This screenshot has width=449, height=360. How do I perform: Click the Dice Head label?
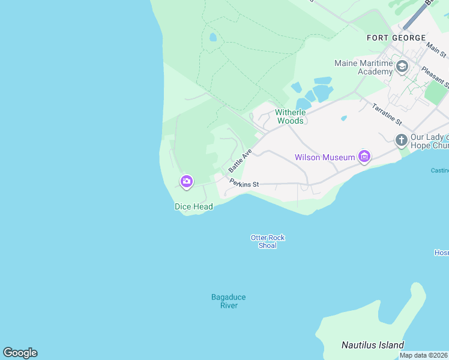(193, 207)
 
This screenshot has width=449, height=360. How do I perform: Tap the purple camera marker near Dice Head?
(186, 181)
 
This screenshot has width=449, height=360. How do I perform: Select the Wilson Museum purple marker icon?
(364, 157)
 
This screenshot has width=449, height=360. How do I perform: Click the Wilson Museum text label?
(325, 158)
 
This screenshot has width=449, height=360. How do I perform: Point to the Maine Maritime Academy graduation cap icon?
(402, 67)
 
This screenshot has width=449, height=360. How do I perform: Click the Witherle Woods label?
(291, 116)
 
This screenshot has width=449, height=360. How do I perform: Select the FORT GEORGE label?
(396, 38)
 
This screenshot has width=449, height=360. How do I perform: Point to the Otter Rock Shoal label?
(267, 241)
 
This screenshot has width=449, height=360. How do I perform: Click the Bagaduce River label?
(228, 301)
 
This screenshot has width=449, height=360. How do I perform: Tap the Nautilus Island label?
(372, 345)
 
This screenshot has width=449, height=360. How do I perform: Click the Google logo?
(20, 353)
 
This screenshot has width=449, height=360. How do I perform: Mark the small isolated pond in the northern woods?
(212, 37)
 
